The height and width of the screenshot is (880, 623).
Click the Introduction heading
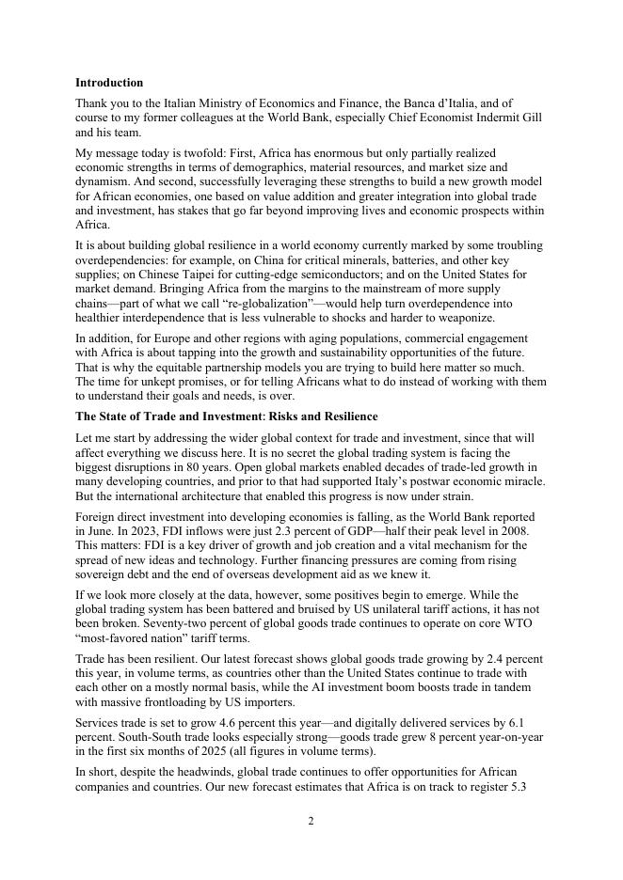[109, 83]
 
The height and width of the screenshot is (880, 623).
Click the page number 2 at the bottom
[311, 821]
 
